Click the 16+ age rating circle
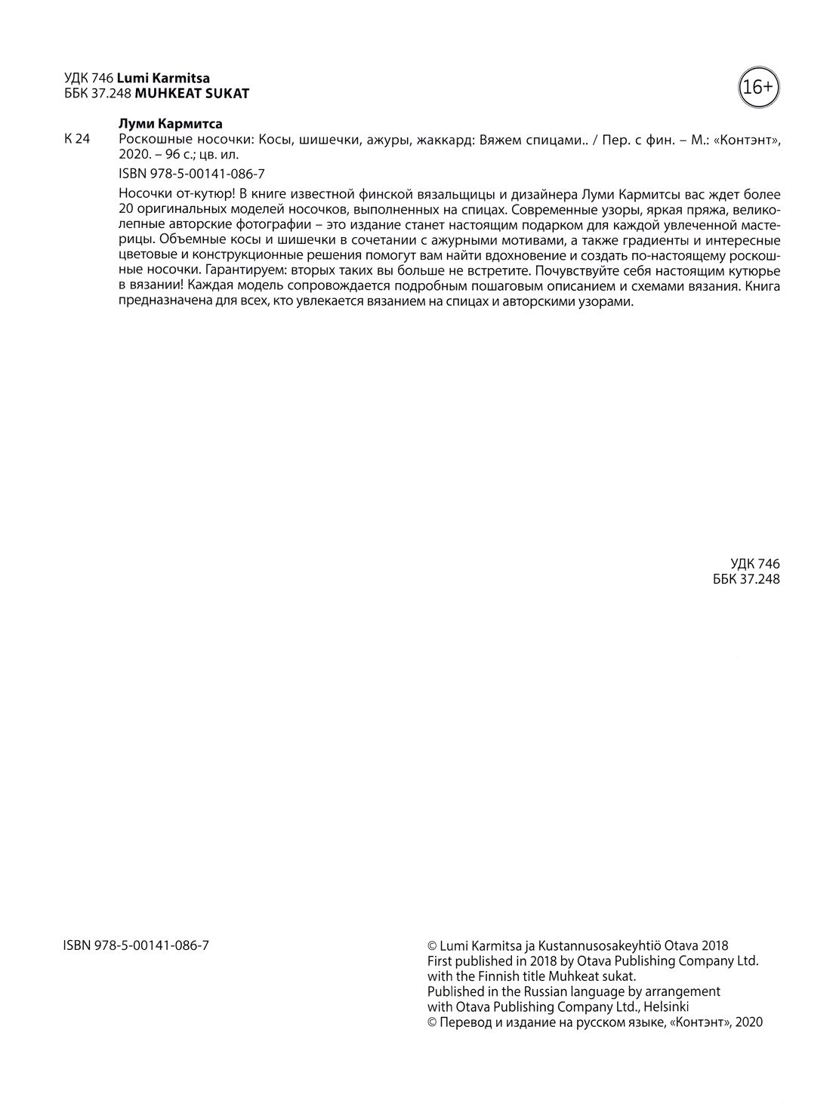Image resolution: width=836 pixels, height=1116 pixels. coord(757,88)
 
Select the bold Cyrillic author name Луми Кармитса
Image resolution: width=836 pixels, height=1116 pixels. coord(171,124)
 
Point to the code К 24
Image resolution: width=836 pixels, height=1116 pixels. coord(78,139)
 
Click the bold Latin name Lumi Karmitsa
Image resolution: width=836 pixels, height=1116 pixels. coord(163,78)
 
